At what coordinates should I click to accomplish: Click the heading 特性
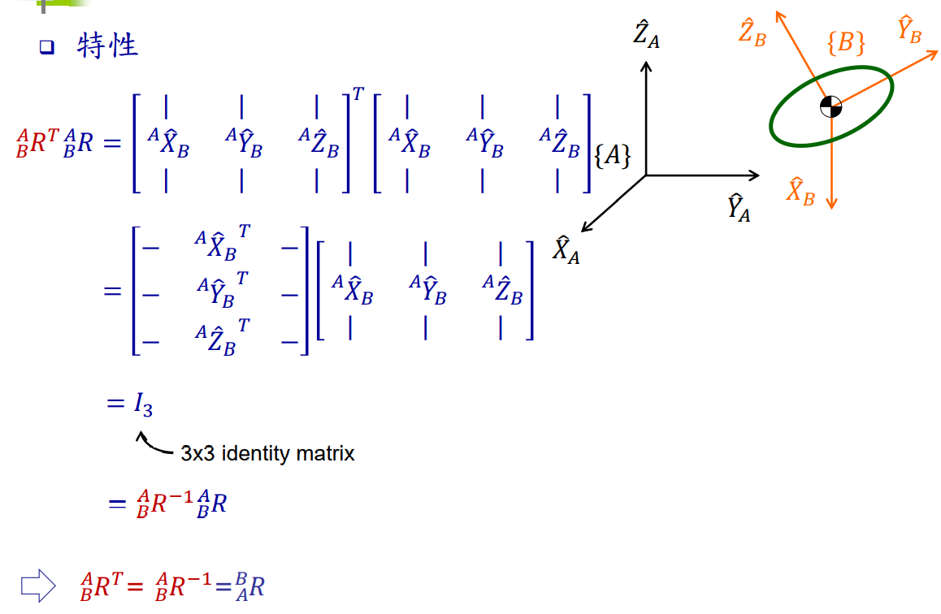[108, 46]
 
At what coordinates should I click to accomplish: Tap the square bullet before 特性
[46, 48]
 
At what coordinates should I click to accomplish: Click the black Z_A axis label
[647, 36]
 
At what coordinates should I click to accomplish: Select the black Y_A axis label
[738, 208]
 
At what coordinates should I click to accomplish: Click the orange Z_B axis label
[752, 34]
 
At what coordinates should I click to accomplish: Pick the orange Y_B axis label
[909, 31]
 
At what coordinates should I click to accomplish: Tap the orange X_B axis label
[800, 192]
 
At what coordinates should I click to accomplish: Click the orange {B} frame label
[845, 42]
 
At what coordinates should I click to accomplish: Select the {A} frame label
[612, 156]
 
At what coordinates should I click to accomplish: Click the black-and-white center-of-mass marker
[830, 106]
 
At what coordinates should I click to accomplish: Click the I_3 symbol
[143, 404]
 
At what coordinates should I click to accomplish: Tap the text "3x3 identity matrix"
[267, 453]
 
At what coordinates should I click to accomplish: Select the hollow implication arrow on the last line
[37, 585]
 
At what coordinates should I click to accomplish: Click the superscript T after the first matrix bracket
[358, 94]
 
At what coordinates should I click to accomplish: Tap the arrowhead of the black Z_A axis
[646, 66]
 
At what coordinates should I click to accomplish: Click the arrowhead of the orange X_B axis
[830, 203]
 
